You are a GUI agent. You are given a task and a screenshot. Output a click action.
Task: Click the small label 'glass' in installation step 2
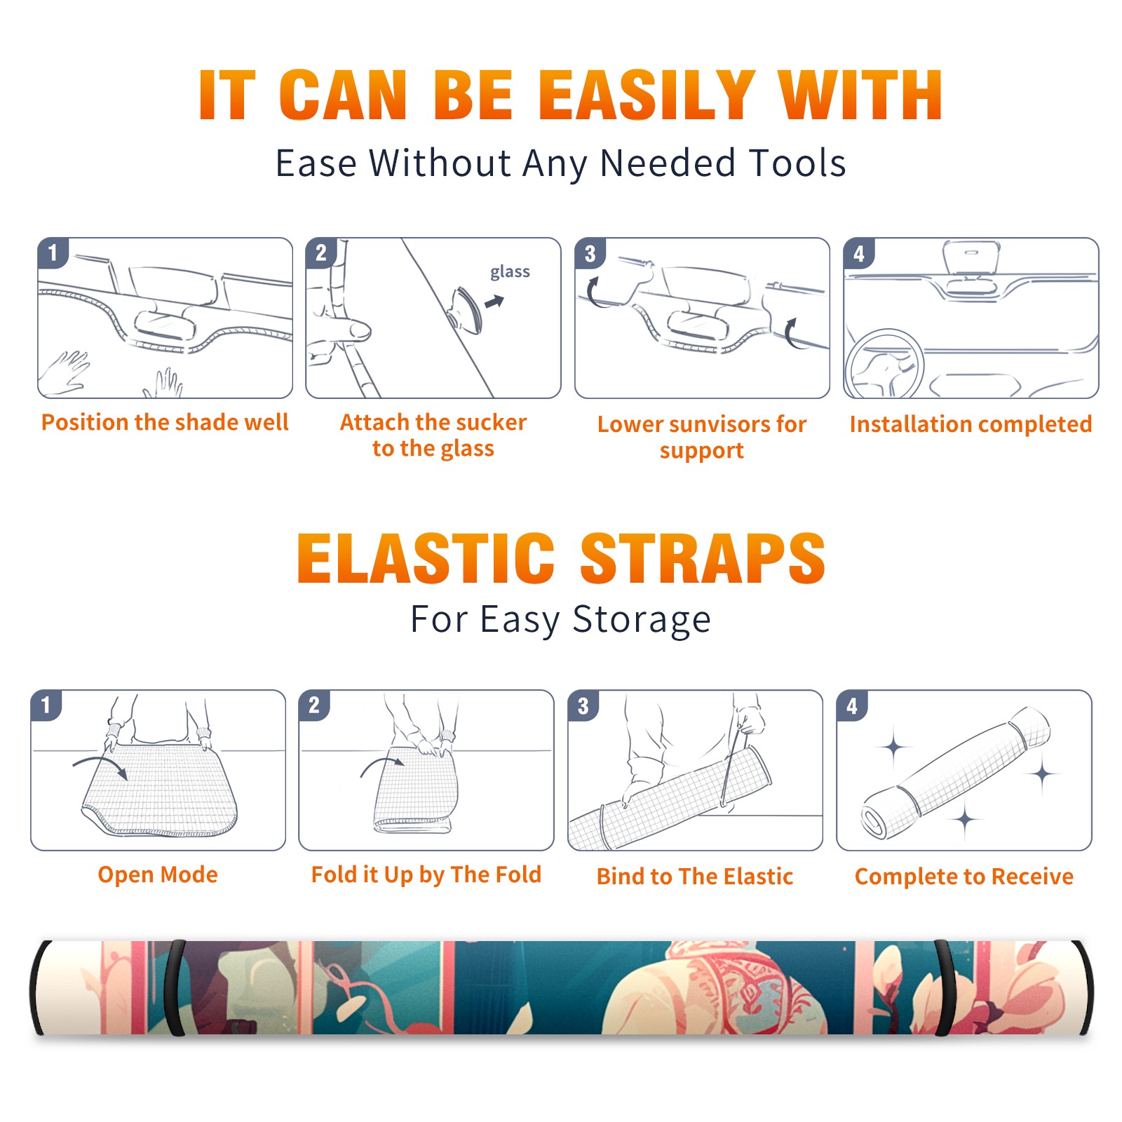510,272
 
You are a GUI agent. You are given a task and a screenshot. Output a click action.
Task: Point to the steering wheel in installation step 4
884,364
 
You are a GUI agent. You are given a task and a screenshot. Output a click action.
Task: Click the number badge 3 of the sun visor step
590,253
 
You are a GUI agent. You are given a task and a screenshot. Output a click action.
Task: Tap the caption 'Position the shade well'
165,422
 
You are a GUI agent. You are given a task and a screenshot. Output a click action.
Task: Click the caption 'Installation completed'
971,424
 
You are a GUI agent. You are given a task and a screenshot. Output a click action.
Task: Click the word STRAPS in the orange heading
703,558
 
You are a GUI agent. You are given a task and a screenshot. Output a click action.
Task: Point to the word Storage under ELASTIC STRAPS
642,620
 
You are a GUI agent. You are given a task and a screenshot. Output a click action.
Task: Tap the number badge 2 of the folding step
313,705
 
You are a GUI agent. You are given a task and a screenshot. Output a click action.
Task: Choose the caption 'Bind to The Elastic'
695,877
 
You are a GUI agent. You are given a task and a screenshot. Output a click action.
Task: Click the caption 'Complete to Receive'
964,877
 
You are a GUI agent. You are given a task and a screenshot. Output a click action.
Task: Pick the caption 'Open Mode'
158,874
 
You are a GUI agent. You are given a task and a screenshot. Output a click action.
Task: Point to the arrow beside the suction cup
495,302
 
